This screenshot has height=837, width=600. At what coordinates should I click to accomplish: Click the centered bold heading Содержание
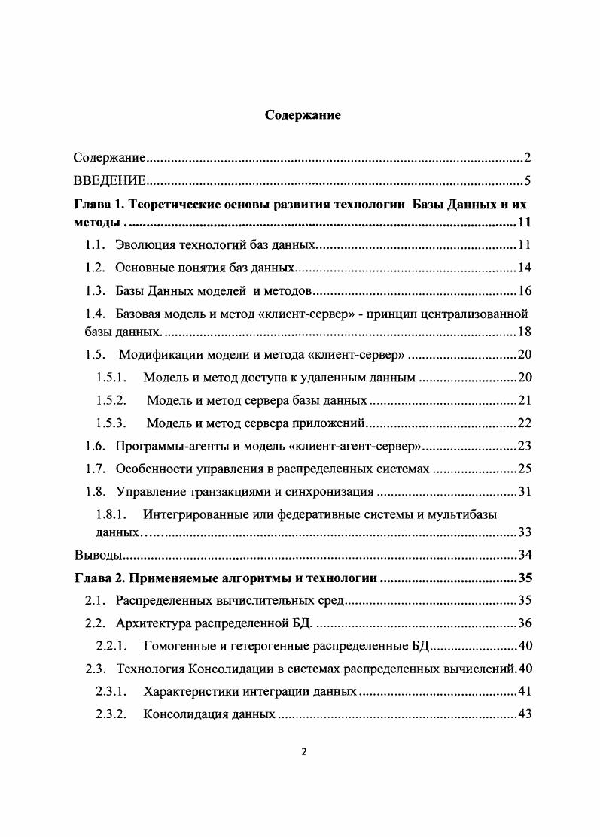pyautogui.click(x=303, y=116)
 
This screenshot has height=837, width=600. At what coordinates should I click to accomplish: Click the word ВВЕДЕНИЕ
pyautogui.click(x=109, y=181)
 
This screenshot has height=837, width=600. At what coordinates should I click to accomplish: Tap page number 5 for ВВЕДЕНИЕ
pyautogui.click(x=528, y=181)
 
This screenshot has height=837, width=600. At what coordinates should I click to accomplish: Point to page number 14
pyautogui.click(x=525, y=268)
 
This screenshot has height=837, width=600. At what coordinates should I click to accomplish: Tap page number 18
pyautogui.click(x=525, y=332)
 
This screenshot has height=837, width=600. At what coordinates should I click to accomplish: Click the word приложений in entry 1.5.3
pyautogui.click(x=335, y=423)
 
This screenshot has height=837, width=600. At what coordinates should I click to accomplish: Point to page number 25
pyautogui.click(x=525, y=469)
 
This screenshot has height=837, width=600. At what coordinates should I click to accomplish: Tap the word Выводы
pyautogui.click(x=97, y=556)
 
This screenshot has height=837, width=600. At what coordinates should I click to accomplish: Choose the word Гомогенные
pyautogui.click(x=176, y=646)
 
